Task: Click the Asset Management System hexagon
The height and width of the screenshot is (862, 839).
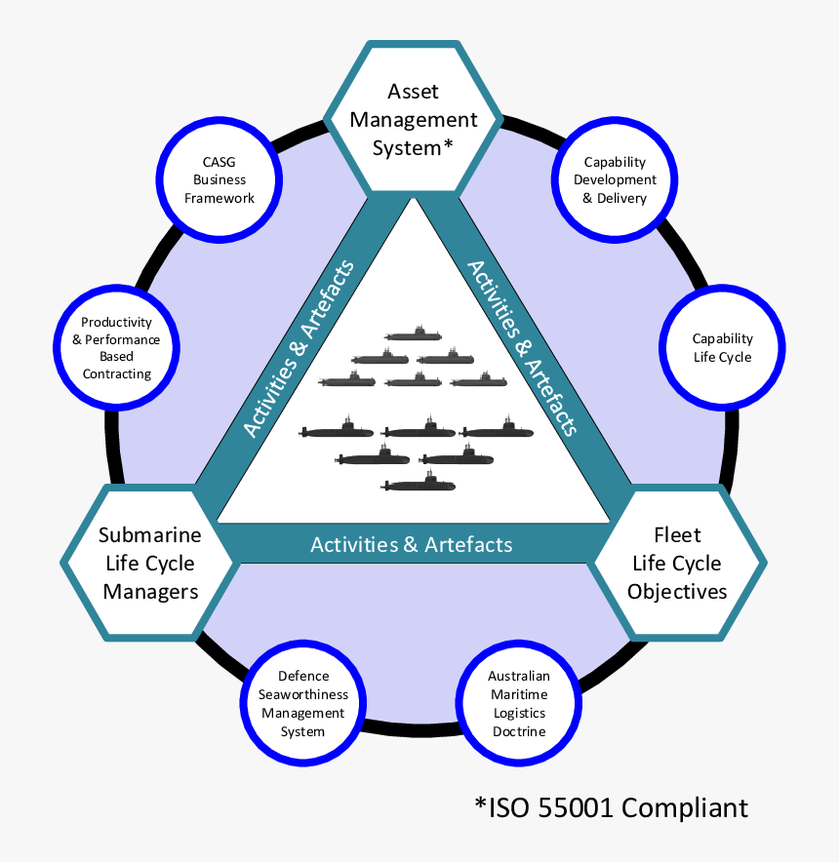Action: pos(414,119)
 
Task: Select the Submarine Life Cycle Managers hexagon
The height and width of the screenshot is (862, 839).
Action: pos(150,563)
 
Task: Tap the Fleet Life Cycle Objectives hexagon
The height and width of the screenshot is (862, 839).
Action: pos(677,563)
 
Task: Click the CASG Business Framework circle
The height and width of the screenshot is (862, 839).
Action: pos(219,179)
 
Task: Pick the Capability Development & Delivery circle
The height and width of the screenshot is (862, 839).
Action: pos(615,179)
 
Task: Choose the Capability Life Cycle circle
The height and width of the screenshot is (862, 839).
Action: pos(722,347)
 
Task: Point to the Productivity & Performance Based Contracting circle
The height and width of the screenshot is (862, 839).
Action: pos(117,347)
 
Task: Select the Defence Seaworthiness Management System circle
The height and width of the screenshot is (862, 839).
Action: pos(303,703)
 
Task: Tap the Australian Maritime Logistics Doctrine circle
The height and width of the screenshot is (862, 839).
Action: pos(519,703)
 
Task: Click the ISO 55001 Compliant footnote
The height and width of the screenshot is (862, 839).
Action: pos(612,807)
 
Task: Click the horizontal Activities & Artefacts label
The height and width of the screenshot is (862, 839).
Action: pos(412,544)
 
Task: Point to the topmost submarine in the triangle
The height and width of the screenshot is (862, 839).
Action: pos(413,333)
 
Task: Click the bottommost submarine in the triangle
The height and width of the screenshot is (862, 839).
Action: pos(419,482)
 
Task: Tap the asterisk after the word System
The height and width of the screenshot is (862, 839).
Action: pos(448,144)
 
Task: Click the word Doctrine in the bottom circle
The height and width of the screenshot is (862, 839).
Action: pos(519,731)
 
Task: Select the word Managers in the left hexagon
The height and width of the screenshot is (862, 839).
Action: pos(151,592)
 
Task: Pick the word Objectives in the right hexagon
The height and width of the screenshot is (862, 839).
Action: pos(677,592)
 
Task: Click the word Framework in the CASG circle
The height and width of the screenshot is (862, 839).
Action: pos(220,198)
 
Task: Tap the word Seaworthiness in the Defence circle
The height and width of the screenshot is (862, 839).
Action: pos(303,694)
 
